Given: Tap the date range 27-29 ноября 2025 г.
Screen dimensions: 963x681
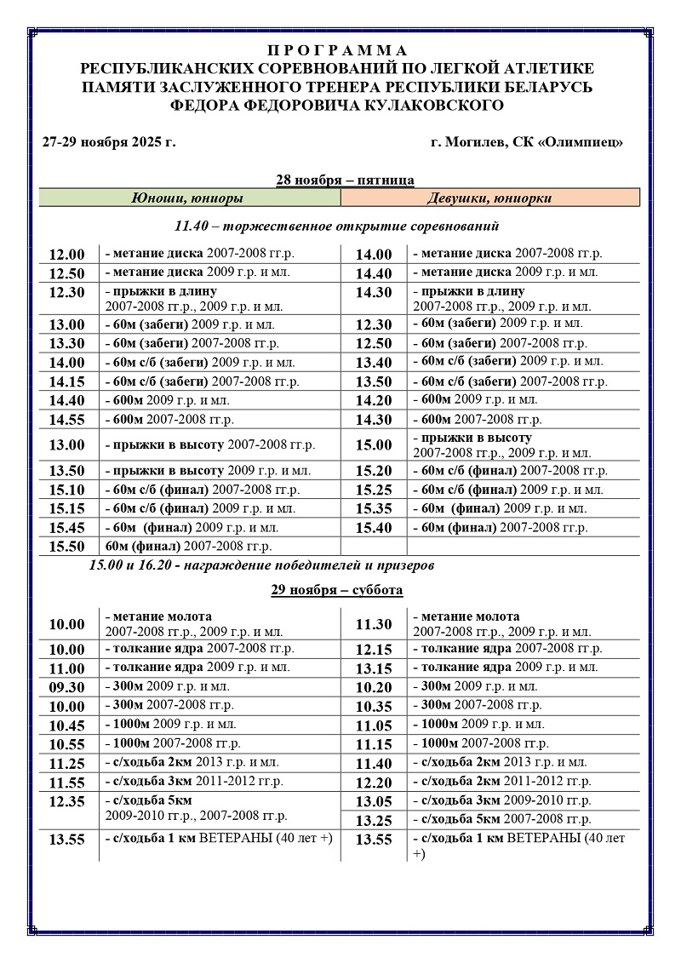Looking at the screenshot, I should (108, 141).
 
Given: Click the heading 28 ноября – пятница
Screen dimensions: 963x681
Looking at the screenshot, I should (345, 180).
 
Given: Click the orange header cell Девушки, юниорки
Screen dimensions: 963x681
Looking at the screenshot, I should (489, 198).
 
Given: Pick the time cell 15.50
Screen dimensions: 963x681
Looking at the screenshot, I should (67, 547).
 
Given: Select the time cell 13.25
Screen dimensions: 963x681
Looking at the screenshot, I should (374, 820).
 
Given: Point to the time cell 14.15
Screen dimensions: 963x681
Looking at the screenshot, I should (67, 382).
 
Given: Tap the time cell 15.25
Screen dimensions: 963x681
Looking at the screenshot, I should (374, 490).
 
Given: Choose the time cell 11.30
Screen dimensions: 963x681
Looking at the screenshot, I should (374, 624).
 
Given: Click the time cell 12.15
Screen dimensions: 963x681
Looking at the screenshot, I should (374, 650).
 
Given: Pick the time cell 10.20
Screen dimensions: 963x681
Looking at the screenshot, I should (374, 687).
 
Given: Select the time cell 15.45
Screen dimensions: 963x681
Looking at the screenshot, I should (67, 528).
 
